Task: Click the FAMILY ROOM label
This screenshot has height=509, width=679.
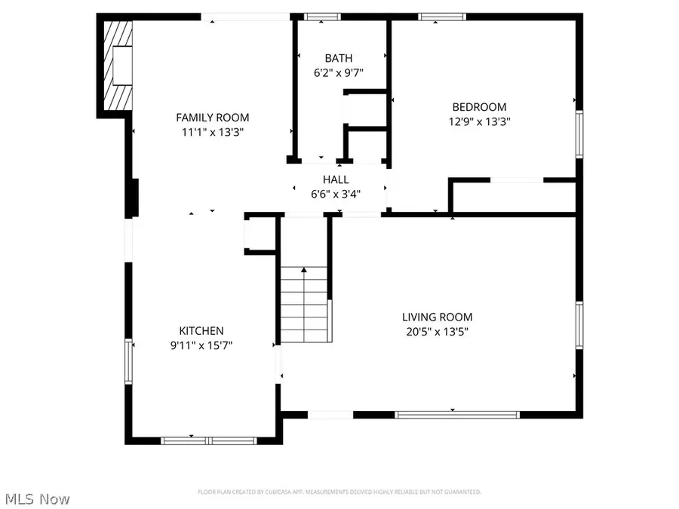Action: point(212,118)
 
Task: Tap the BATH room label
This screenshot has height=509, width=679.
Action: point(338,58)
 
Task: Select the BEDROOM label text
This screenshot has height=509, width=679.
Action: point(479,107)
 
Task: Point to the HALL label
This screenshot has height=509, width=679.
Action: point(336,179)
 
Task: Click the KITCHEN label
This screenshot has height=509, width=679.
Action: point(201,331)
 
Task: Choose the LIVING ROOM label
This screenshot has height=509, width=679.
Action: point(437,317)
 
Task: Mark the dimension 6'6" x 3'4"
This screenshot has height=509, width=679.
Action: point(336,193)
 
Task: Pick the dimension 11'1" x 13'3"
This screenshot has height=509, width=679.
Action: point(212,131)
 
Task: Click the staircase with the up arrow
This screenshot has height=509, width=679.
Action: point(304,305)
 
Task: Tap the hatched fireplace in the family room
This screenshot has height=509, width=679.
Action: point(117,66)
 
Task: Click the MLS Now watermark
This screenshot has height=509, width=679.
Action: point(38,498)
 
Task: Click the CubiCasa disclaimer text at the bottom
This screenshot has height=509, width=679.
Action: point(339,492)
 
